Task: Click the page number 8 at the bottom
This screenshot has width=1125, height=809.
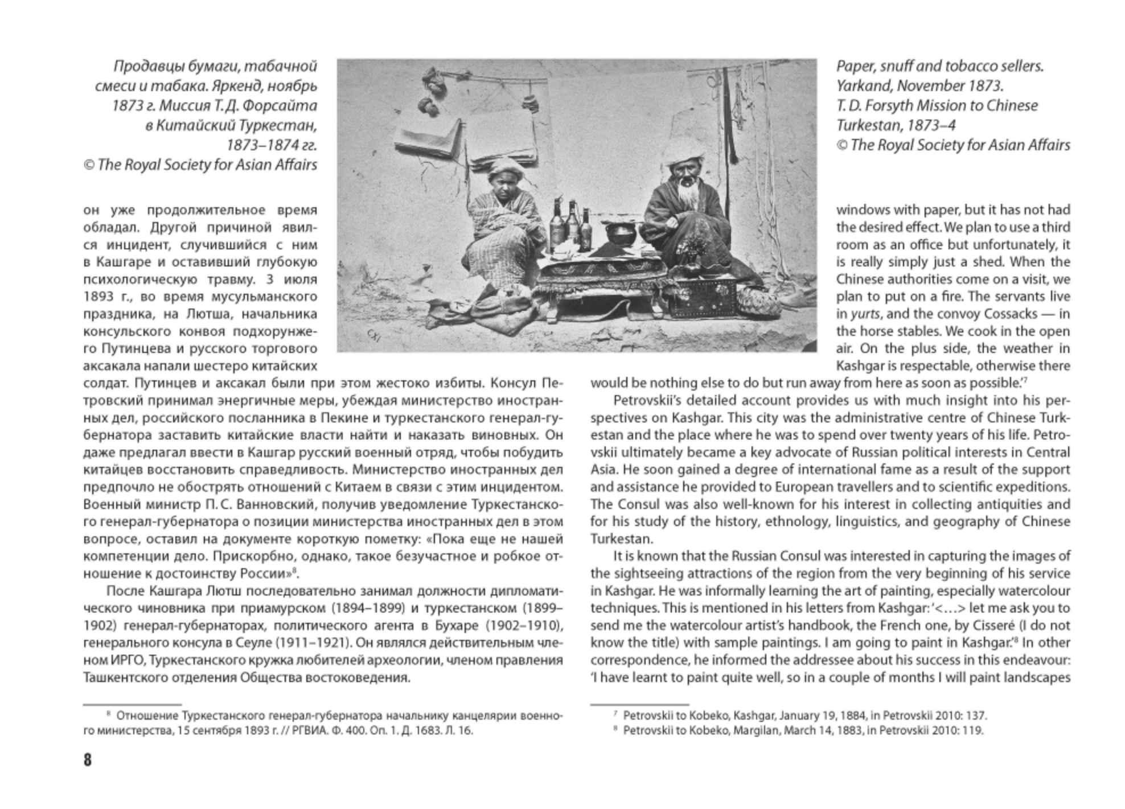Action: coord(88,760)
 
